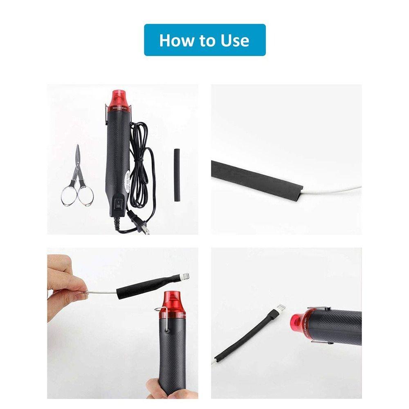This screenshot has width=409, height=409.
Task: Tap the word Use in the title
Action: point(235,40)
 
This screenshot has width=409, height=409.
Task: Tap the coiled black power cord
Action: point(141,164)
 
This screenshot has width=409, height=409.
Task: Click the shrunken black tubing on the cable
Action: point(245,337)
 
